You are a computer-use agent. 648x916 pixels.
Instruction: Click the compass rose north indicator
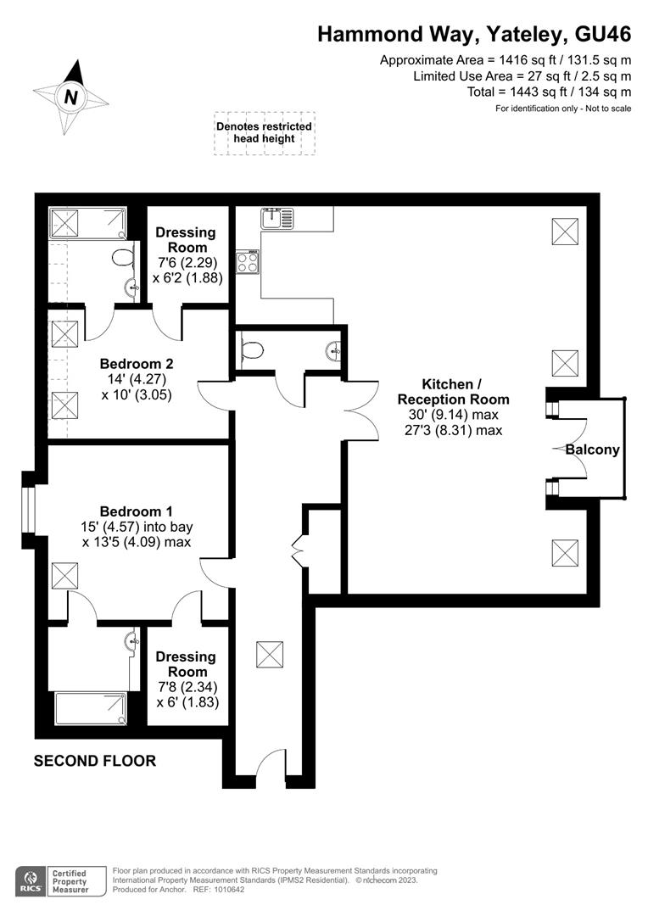pos(71,97)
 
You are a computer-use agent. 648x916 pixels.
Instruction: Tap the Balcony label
pos(593,450)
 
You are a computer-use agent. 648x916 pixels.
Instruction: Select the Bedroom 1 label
pos(137,511)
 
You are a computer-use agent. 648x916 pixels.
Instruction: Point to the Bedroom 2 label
pos(136,364)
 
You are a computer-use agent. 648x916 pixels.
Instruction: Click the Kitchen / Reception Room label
pos(454,391)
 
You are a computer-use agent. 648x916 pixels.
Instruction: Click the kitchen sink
pos(277,218)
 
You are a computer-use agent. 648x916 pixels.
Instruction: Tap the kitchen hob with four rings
pos(248,262)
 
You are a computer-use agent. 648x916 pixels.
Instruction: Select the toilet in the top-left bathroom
pos(124,257)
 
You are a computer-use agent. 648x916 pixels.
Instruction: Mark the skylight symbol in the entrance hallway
pos(270,655)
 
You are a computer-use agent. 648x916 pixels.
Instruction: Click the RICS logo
pos(32,880)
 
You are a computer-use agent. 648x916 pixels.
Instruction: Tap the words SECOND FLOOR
pos(95,761)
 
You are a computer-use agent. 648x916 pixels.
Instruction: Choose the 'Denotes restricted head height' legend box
pos(264,132)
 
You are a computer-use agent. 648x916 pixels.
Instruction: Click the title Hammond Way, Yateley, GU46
pos(474,34)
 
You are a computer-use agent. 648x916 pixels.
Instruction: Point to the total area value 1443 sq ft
pos(528,92)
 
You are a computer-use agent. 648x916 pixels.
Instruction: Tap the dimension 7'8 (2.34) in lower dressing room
pos(186,687)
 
